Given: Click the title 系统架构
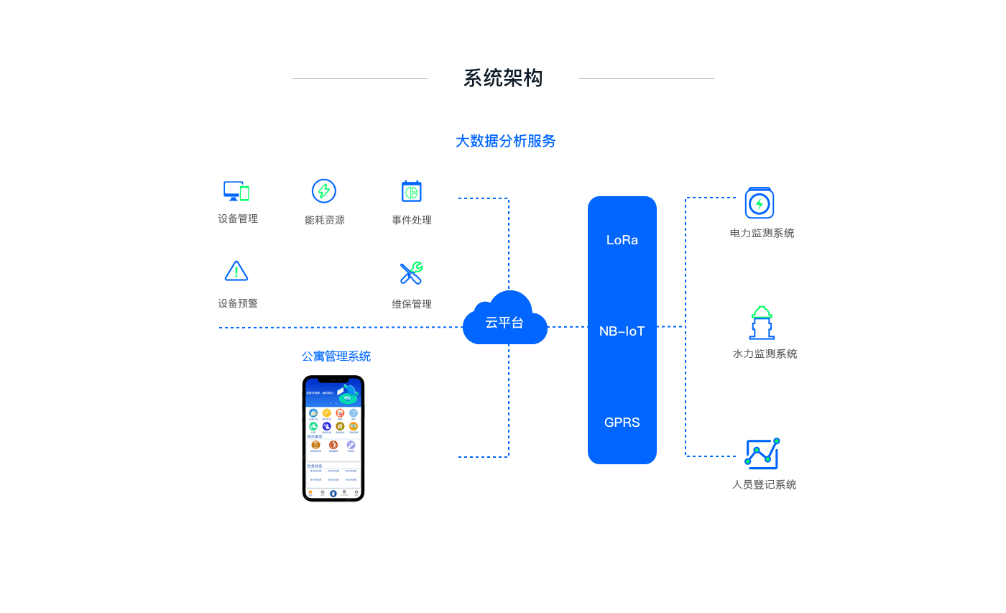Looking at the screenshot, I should pos(502,78).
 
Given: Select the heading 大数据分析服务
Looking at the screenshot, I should pos(505,142).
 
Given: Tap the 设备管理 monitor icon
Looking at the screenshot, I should pos(236,191).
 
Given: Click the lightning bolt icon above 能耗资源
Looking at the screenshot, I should pos(324,191).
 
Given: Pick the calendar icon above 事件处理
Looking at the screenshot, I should pos(411,191).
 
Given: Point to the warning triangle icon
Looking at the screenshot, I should pos(236,272).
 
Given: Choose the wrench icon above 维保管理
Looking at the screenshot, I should pos(411,273).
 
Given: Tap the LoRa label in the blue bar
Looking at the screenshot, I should pos(622,240).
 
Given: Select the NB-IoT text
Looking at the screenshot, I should pos(622,331).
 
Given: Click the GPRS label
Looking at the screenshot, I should pos(622,423).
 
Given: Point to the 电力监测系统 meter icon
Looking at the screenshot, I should pos(760,203).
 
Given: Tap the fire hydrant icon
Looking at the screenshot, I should pos(762,323).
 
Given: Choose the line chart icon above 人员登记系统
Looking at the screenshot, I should pos(762,453).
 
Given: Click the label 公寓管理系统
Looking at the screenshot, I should pos(336,356).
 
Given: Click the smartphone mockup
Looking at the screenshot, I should pos(333,438).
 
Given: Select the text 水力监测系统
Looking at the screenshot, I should pos(765,354).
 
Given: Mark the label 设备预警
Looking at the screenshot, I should pos(238,304).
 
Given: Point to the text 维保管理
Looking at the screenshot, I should pos(412,305).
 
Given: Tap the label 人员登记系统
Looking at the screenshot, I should pos(765,485).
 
